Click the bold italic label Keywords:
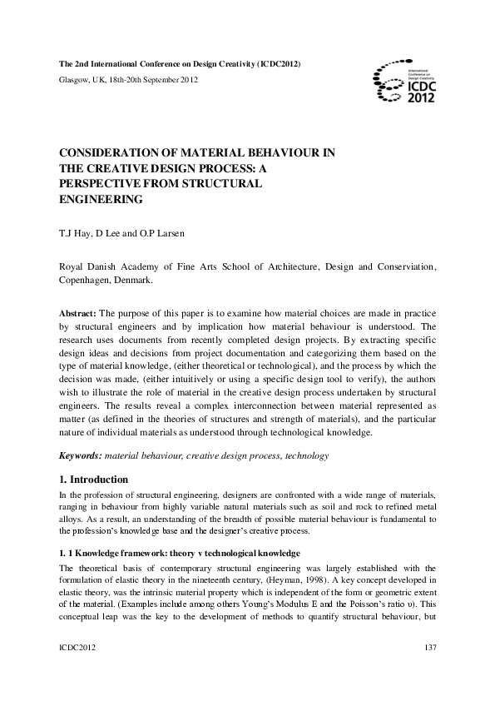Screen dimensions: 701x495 80,456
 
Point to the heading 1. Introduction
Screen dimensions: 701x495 93,480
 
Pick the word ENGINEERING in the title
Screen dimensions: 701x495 100,200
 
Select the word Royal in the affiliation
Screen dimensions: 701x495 72,266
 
